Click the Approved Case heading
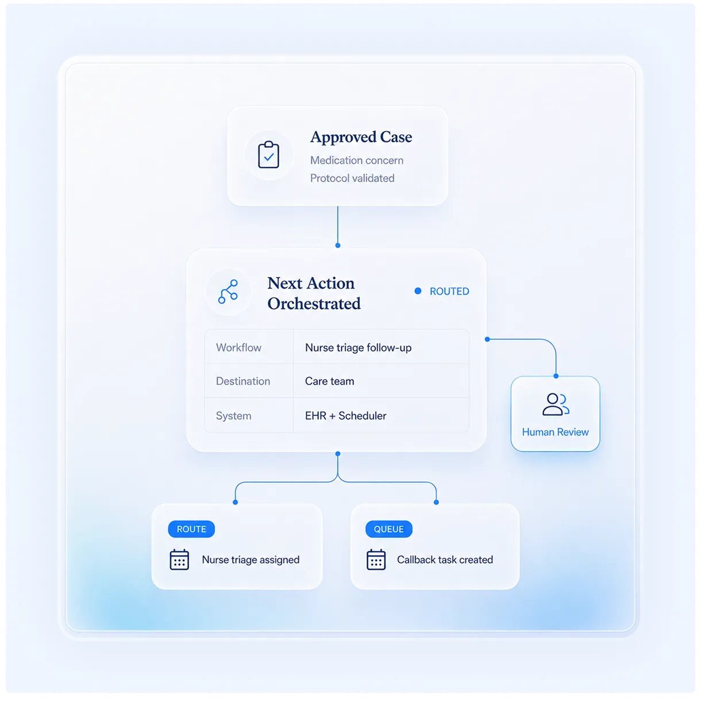coord(361,137)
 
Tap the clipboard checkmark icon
coord(268,155)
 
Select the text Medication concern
coord(356,160)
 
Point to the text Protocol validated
coord(352,178)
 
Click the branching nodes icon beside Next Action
coord(228,292)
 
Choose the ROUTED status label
coord(449,291)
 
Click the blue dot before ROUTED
coord(418,291)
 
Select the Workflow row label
coord(238,348)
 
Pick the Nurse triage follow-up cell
coord(359,348)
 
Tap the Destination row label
coord(243,381)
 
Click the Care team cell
coord(330,381)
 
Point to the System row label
coord(233,416)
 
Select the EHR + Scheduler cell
coord(345,416)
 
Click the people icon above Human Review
coord(556,405)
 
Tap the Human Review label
coord(555,432)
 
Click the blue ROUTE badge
coord(191,529)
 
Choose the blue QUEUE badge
coord(389,529)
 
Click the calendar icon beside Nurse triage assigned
coord(179,560)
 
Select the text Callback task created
coord(445,560)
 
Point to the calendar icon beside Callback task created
coord(376,560)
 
